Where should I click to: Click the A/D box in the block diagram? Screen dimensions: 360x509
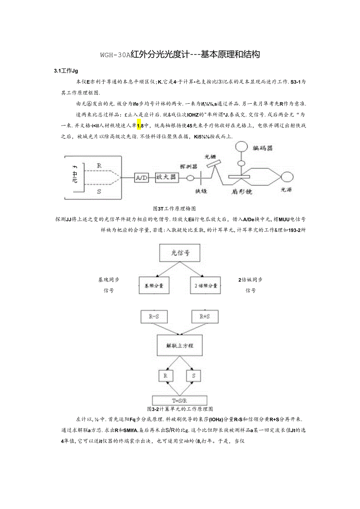click(141, 178)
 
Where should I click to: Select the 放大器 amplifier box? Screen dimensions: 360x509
click(167, 177)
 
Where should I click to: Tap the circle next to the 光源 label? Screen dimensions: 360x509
click(288, 177)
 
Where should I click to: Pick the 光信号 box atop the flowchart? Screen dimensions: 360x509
click(180, 253)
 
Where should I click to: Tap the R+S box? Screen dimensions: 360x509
click(205, 317)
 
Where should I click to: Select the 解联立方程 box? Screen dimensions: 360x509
click(180, 346)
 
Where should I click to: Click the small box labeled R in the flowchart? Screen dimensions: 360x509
click(166, 376)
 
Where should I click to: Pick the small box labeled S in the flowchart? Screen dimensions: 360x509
click(193, 376)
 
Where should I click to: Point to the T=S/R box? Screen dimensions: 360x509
click(180, 400)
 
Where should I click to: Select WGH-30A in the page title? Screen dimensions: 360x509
click(115, 55)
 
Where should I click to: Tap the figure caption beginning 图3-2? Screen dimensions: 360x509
click(180, 409)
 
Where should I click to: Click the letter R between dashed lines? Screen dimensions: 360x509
click(99, 165)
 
